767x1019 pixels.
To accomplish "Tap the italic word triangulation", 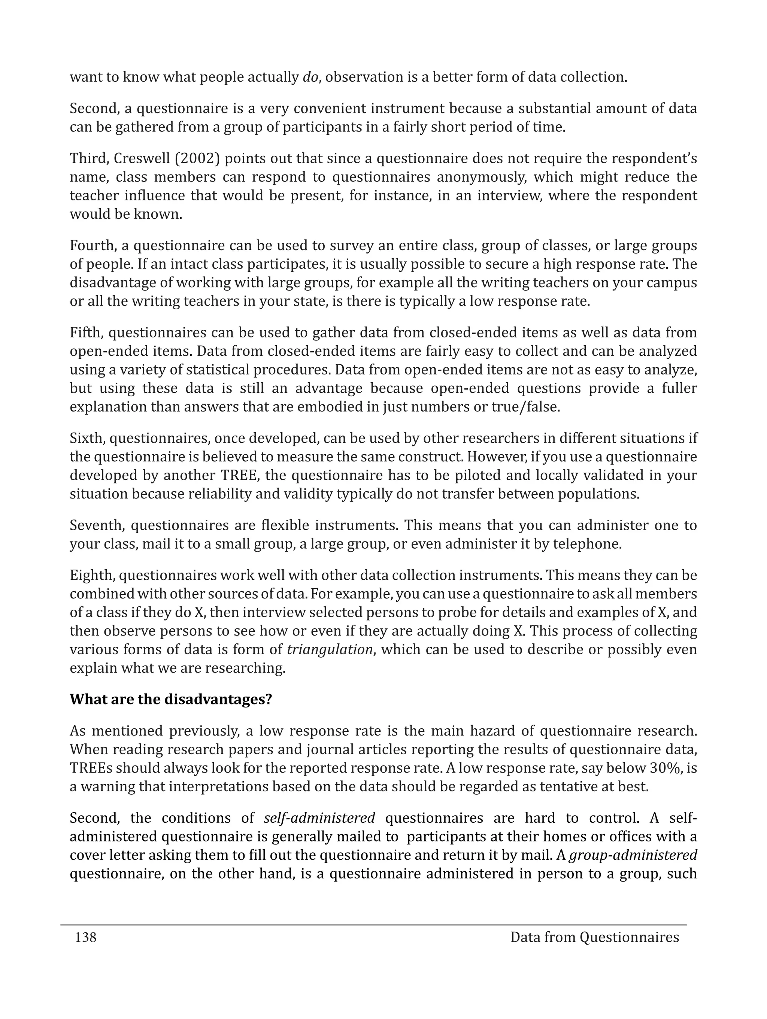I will click(x=329, y=649).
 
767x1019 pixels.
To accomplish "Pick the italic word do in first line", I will click(x=310, y=77).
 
